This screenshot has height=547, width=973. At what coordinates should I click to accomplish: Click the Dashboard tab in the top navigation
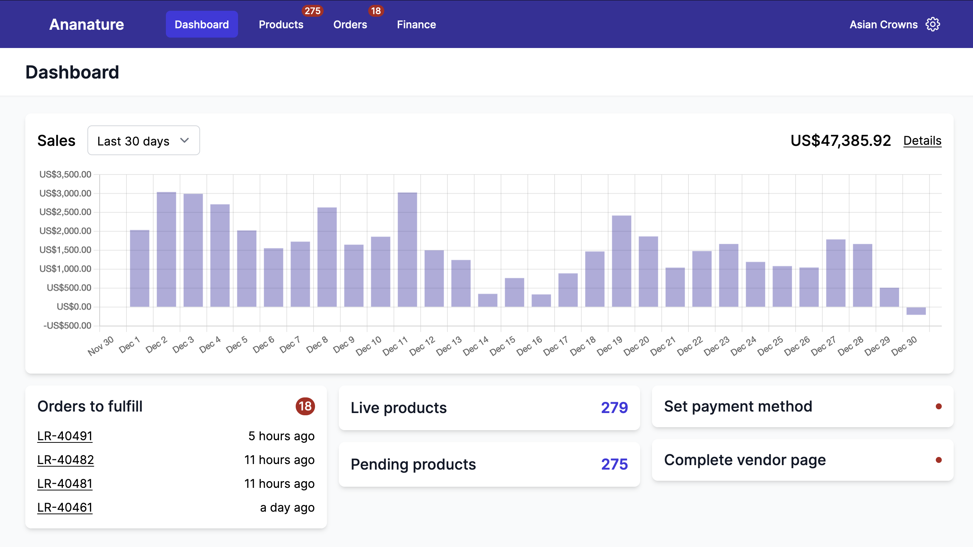coord(201,25)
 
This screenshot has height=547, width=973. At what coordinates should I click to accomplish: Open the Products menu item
coord(281,25)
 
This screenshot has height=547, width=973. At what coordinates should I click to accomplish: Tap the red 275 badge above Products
coord(312,10)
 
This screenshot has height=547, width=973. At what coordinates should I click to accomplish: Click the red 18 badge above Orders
coord(375,10)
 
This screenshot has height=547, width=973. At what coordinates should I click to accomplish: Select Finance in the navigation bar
coord(416,25)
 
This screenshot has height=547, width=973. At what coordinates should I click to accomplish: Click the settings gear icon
coord(932,25)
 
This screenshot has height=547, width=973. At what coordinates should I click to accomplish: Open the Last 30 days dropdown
coord(144,141)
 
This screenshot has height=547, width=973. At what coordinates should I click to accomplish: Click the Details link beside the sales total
coord(922,141)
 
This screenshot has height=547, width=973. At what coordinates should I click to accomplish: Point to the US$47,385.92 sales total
coord(841,141)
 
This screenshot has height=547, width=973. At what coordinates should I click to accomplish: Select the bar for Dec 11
coord(407,249)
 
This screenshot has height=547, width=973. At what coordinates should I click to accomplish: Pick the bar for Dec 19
coord(622,260)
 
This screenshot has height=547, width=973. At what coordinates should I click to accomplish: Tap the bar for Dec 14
coord(487,300)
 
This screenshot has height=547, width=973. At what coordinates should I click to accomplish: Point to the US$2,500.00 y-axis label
coord(65,212)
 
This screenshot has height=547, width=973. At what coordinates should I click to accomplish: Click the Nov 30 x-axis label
coord(100,346)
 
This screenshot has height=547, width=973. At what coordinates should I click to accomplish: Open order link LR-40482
coord(65,460)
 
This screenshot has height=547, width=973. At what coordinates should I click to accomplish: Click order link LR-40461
coord(65,507)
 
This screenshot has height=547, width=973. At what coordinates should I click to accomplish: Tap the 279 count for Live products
coord(614,407)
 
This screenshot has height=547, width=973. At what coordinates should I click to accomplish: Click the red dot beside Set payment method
coord(938,406)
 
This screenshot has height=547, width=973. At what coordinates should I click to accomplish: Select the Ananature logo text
coord(87,25)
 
